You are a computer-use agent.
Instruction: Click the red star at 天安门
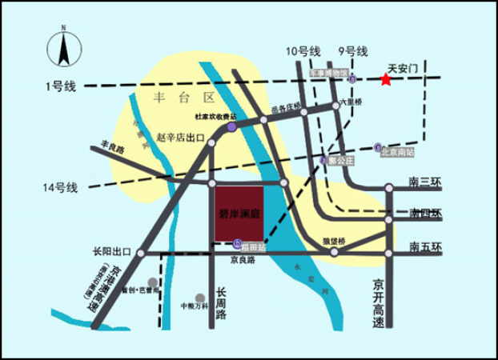pos(386,79)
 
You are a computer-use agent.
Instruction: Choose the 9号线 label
pos(352,51)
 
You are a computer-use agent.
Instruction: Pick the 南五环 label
pos(424,246)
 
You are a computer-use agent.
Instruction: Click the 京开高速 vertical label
pos(380,304)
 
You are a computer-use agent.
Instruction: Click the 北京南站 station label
pos(398,150)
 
